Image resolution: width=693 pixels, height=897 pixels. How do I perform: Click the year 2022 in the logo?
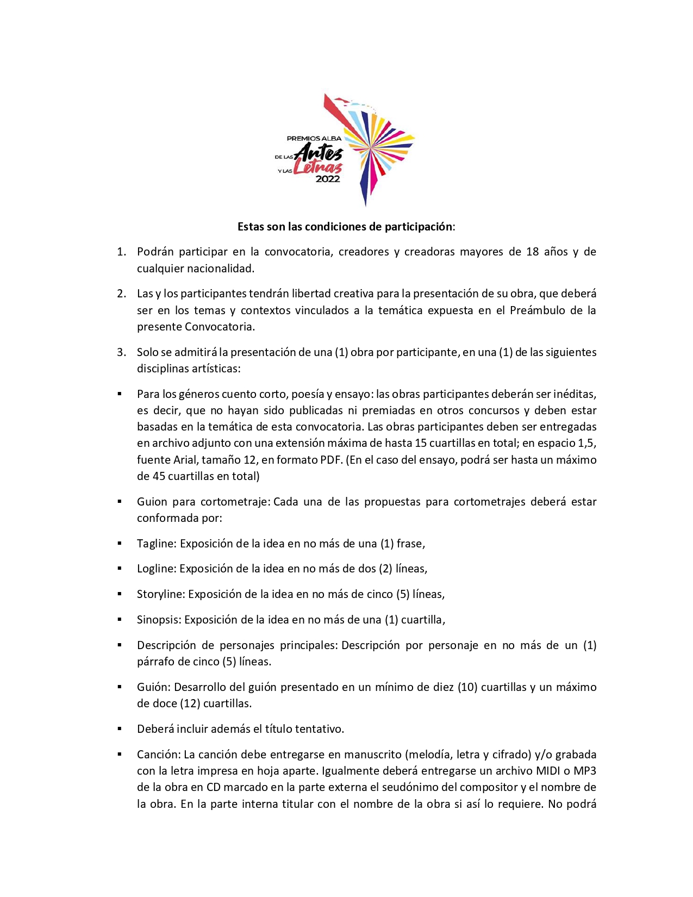pyautogui.click(x=328, y=179)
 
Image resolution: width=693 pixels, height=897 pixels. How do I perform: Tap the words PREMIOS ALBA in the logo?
pyautogui.click(x=314, y=139)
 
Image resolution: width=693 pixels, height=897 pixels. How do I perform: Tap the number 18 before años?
pyautogui.click(x=532, y=252)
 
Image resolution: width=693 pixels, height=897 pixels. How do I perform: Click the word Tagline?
pyautogui.click(x=156, y=544)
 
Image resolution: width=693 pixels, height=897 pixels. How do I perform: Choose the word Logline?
pyautogui.click(x=156, y=569)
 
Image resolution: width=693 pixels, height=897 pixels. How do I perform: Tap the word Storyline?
pyautogui.click(x=160, y=594)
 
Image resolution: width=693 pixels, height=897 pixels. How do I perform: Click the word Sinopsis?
pyautogui.click(x=158, y=620)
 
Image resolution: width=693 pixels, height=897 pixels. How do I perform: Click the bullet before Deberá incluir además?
pyautogui.click(x=120, y=729)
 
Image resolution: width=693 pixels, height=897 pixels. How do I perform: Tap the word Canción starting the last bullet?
pyautogui.click(x=158, y=755)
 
